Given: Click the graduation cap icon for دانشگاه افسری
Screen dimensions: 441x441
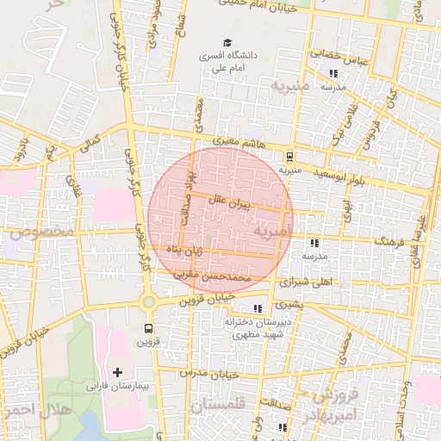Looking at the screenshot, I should [x=227, y=42].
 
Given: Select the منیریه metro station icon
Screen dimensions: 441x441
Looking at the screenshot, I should [x=290, y=157].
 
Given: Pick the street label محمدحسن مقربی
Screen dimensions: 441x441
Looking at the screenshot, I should [x=224, y=279].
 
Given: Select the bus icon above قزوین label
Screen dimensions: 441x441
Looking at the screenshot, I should [x=150, y=328].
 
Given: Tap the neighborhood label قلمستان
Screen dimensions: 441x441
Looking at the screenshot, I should [x=220, y=405].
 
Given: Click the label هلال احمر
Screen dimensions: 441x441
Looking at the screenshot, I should [x=29, y=407].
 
